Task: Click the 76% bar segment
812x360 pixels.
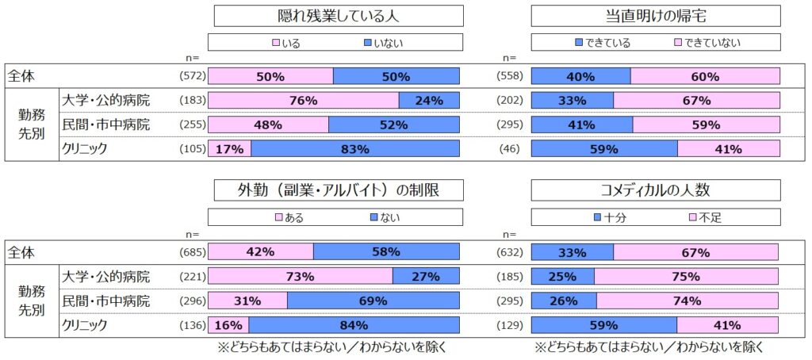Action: [x=303, y=101]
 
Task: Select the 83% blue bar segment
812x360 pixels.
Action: [x=355, y=148]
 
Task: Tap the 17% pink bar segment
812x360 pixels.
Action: [x=230, y=148]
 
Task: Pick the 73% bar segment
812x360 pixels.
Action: [x=300, y=277]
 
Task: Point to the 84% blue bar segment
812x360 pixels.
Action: [x=354, y=324]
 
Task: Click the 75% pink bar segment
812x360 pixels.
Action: [x=687, y=277]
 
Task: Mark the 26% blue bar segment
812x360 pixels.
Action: [x=564, y=301]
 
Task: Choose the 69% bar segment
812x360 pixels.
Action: [x=373, y=301]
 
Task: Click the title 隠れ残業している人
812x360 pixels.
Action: [x=334, y=16]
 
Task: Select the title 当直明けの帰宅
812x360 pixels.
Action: [x=655, y=16]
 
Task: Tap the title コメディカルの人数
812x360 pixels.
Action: [x=655, y=190]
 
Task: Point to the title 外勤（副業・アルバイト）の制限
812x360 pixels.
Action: [x=334, y=190]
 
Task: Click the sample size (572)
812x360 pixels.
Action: [x=191, y=77]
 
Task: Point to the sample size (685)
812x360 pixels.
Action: [x=191, y=253]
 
